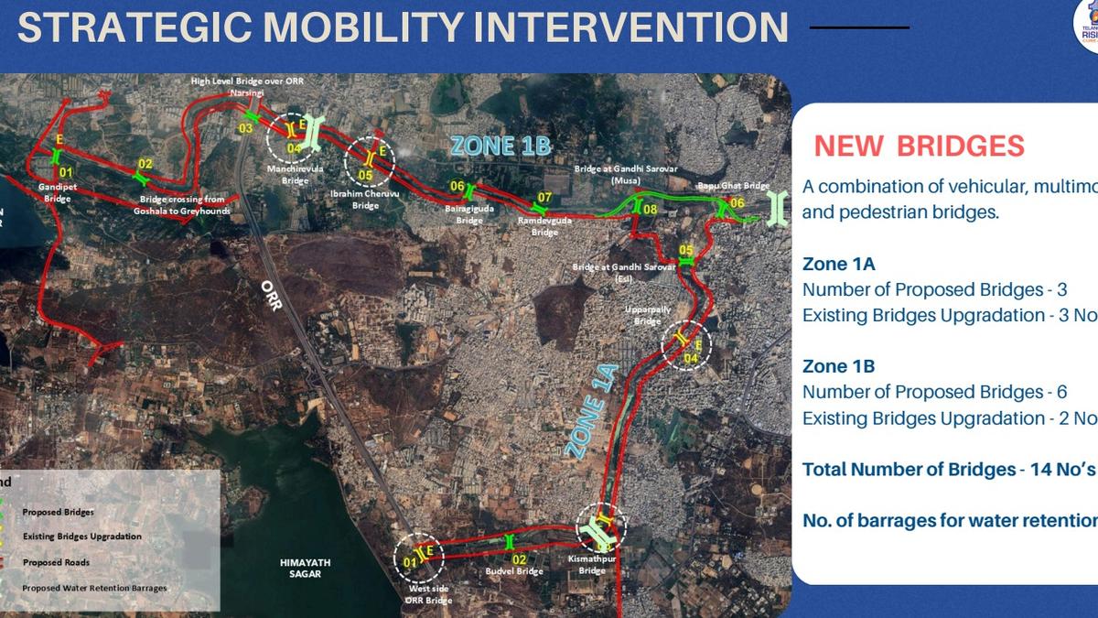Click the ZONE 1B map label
501,146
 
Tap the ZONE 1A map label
592,411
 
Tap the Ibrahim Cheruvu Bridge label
365,200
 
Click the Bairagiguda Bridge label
469,215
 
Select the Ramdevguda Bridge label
544,226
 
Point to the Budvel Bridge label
513,571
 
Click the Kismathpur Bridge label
592,565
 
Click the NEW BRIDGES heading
919,146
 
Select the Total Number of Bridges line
948,470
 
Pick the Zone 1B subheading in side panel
838,366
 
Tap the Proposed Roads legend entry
56,562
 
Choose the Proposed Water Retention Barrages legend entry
94,588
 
